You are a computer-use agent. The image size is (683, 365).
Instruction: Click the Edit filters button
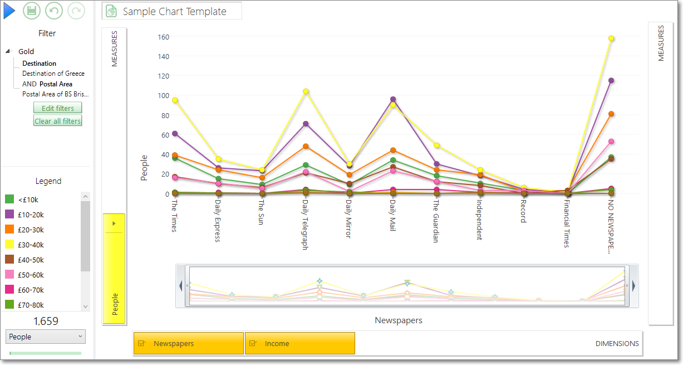[58, 108]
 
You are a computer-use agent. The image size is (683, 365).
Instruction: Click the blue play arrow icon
[9, 11]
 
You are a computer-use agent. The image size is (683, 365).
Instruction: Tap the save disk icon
[32, 11]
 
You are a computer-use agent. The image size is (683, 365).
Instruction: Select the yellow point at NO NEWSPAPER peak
[611, 38]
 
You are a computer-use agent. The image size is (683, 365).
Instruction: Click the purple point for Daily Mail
[393, 99]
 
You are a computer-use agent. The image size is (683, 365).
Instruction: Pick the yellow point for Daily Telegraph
[306, 91]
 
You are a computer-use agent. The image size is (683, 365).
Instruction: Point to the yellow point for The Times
[175, 100]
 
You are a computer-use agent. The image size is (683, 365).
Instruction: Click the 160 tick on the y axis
[164, 37]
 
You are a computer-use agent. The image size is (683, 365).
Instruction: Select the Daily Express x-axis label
[218, 221]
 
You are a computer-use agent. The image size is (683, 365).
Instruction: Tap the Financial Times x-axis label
[567, 223]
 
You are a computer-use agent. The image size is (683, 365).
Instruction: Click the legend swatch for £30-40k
[9, 245]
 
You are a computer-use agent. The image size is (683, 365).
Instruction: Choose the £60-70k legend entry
[24, 290]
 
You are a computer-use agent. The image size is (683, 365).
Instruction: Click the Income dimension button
[300, 343]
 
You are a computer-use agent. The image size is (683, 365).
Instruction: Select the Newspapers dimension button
[189, 343]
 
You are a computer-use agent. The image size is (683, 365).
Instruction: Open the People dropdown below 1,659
[46, 337]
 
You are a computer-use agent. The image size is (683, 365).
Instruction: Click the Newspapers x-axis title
[399, 320]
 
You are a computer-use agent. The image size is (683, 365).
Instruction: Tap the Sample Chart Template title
[175, 12]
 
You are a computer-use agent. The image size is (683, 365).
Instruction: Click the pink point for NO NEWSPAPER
[611, 142]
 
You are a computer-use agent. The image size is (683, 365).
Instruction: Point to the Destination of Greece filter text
[53, 74]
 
